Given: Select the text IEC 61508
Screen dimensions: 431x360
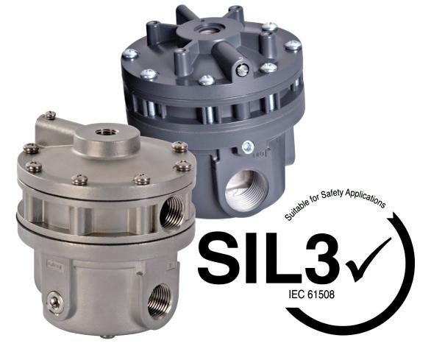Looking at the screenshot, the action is pos(312,294).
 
